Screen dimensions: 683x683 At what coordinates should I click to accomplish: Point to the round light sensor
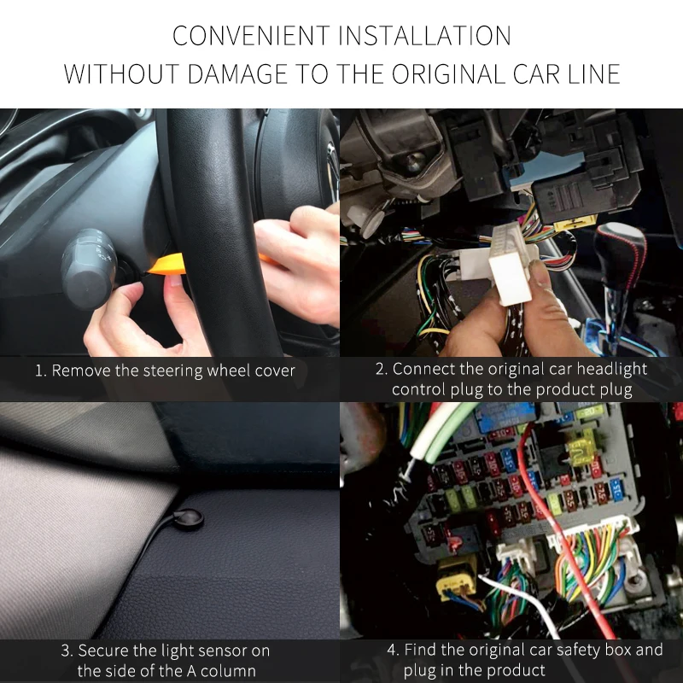(x=189, y=518)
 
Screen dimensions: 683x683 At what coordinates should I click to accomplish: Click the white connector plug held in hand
(x=513, y=265)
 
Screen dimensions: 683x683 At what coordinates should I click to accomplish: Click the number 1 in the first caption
(x=39, y=371)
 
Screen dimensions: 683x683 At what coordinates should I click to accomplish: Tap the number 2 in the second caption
(x=381, y=369)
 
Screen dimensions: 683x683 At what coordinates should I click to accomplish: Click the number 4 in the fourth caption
(x=393, y=650)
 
